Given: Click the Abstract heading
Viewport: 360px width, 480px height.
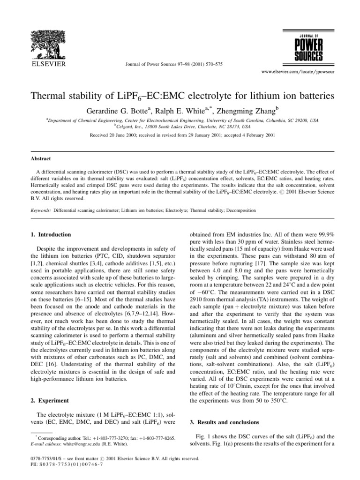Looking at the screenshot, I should point(41,159).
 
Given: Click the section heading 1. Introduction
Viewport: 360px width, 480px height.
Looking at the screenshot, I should point(55,234).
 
